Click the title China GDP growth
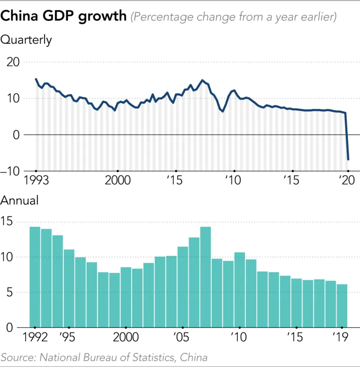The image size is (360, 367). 64,16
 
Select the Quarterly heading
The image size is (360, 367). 26,40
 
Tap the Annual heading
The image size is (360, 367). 20,201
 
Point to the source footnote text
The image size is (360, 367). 104,357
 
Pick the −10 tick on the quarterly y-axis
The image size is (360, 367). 13,171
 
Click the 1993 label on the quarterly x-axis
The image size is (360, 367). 37,181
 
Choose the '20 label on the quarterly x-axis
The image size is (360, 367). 346,181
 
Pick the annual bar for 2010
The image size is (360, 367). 240,290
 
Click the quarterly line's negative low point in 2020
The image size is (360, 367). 348,159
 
